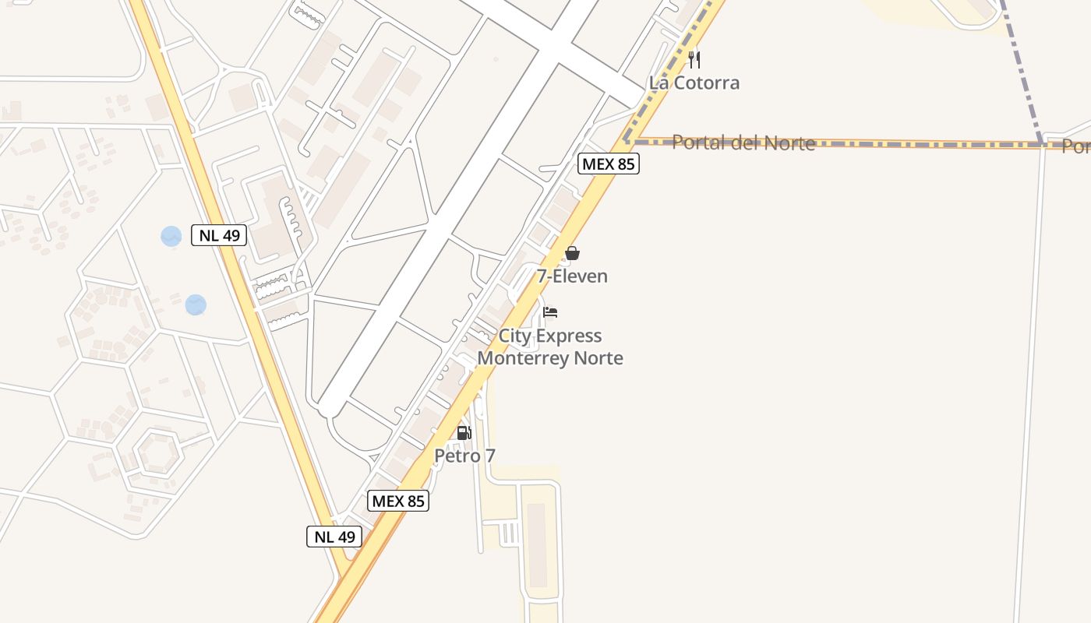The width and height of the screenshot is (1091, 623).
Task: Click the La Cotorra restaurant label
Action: tap(694, 83)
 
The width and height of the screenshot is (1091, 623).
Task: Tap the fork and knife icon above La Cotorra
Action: tap(694, 60)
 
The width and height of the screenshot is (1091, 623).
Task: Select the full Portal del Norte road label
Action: tap(743, 143)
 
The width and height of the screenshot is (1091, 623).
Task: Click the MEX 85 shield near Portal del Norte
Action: tap(609, 164)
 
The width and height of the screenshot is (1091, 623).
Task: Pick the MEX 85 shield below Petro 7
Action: tap(399, 501)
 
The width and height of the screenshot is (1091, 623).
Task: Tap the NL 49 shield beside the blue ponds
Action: tap(219, 235)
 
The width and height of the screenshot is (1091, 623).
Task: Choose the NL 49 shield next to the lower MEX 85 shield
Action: tap(334, 536)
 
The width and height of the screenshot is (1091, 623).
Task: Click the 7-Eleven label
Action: tap(572, 276)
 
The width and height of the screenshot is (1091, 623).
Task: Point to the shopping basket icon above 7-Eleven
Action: tap(572, 253)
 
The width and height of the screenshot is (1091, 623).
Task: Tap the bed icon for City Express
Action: tap(550, 312)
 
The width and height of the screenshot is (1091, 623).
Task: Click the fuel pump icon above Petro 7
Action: tap(464, 433)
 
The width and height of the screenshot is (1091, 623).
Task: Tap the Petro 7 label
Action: tap(464, 456)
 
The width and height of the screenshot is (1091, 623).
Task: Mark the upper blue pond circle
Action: tap(171, 236)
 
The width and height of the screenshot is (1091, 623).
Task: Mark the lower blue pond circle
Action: tap(196, 304)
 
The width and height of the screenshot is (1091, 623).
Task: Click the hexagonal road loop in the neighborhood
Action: tap(157, 451)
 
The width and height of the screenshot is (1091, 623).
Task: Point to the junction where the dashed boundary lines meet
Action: tap(1041, 144)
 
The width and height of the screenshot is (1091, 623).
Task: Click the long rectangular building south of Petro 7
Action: tap(537, 544)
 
